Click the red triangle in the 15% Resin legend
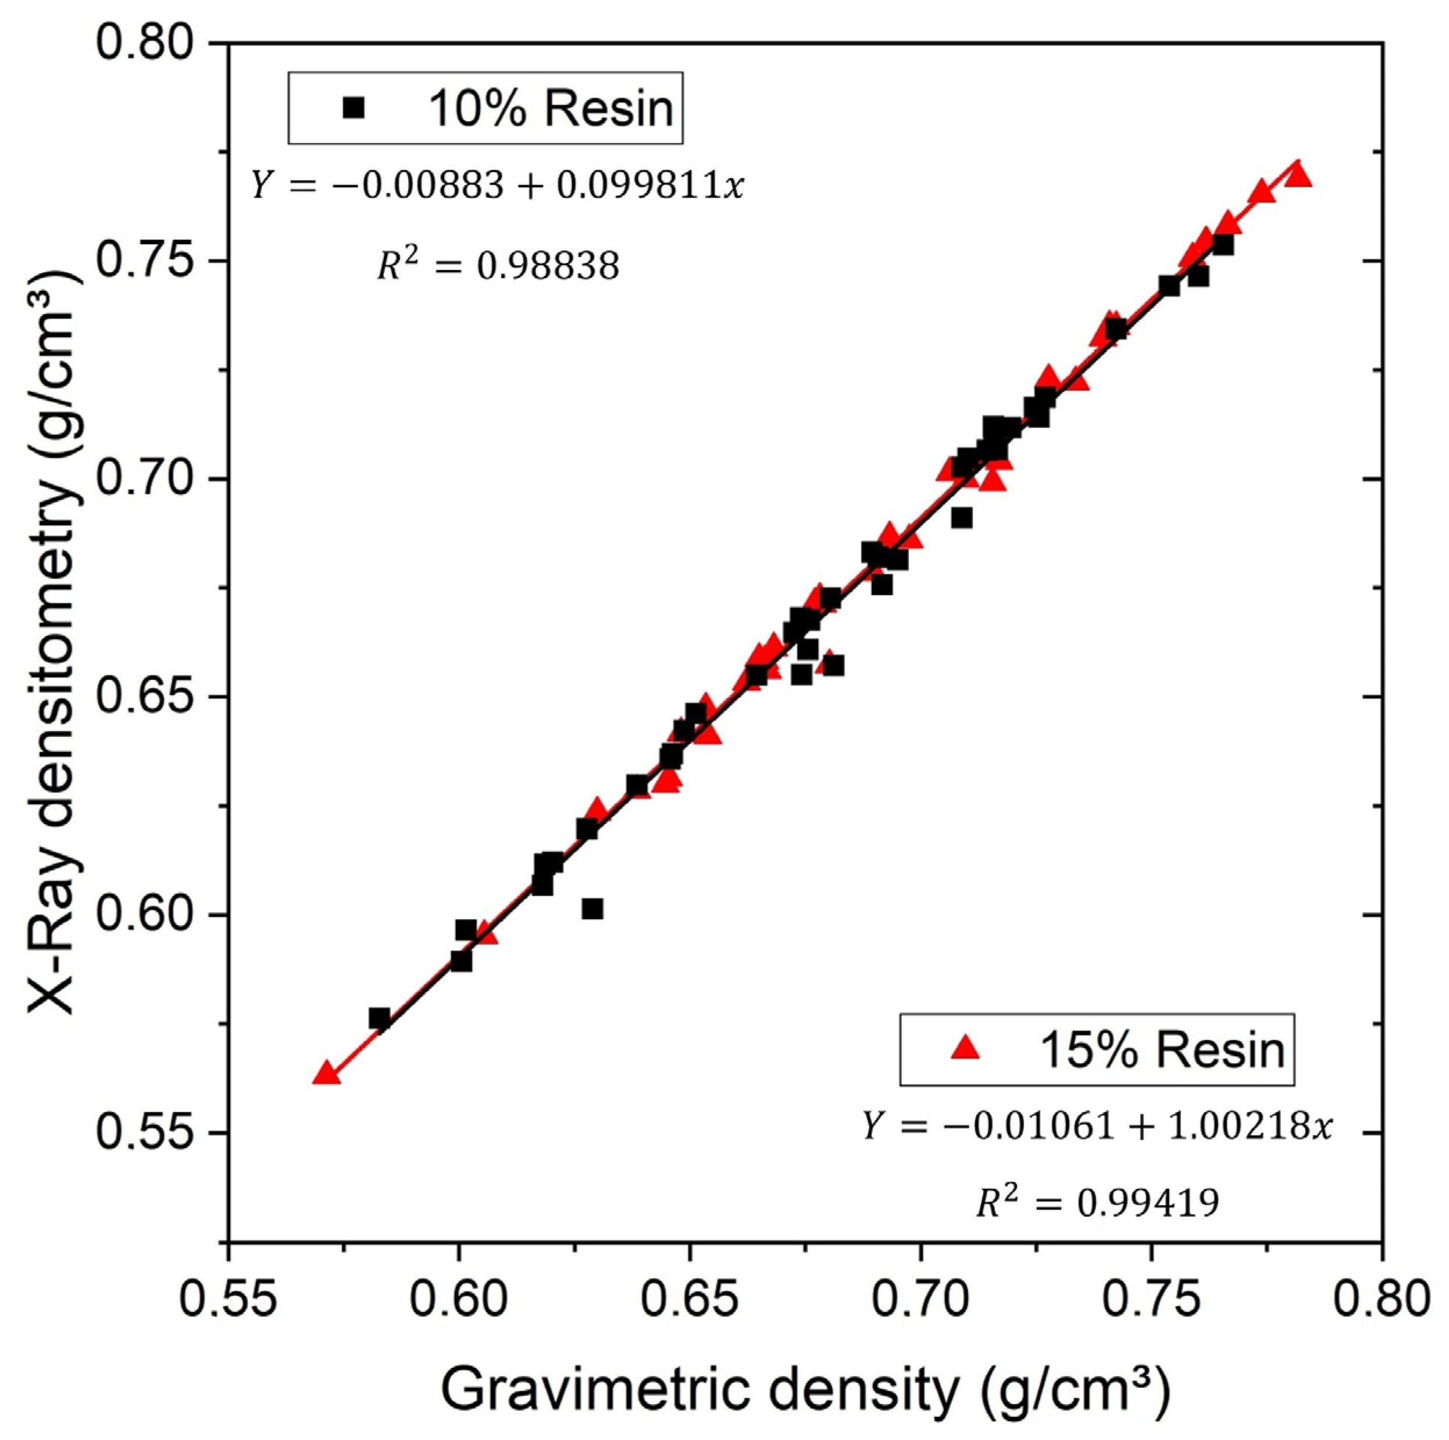tap(965, 1049)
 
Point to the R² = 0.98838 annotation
tap(498, 266)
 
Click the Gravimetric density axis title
tap(805, 1388)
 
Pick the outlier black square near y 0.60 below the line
tap(593, 909)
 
